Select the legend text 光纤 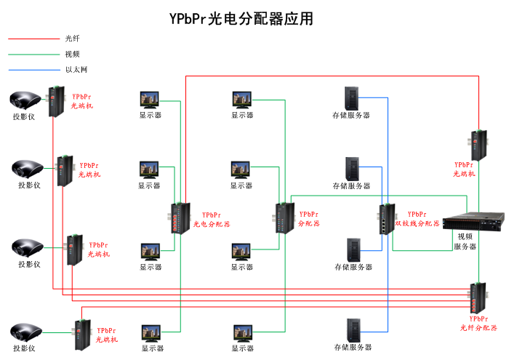click(72, 39)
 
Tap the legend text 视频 click(72, 55)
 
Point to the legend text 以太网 click(76, 71)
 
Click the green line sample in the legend click(33, 55)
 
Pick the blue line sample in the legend click(33, 71)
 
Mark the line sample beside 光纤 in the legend click(33, 39)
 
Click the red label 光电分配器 click(212, 225)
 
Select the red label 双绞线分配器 click(418, 223)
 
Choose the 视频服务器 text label click(465, 241)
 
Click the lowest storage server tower click(354, 330)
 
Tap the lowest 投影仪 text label click(24, 348)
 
